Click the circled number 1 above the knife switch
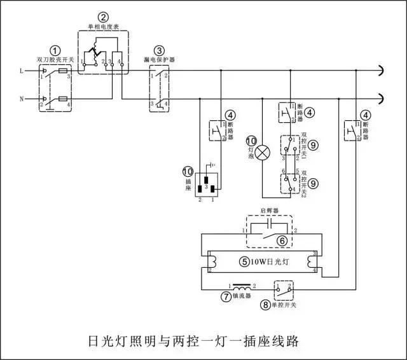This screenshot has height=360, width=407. [x=56, y=50]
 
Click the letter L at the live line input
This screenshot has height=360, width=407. [x=23, y=70]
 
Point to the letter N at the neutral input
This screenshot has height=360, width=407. [x=23, y=99]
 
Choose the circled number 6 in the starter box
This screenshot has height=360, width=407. [x=280, y=241]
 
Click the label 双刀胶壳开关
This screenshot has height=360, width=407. [x=56, y=59]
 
